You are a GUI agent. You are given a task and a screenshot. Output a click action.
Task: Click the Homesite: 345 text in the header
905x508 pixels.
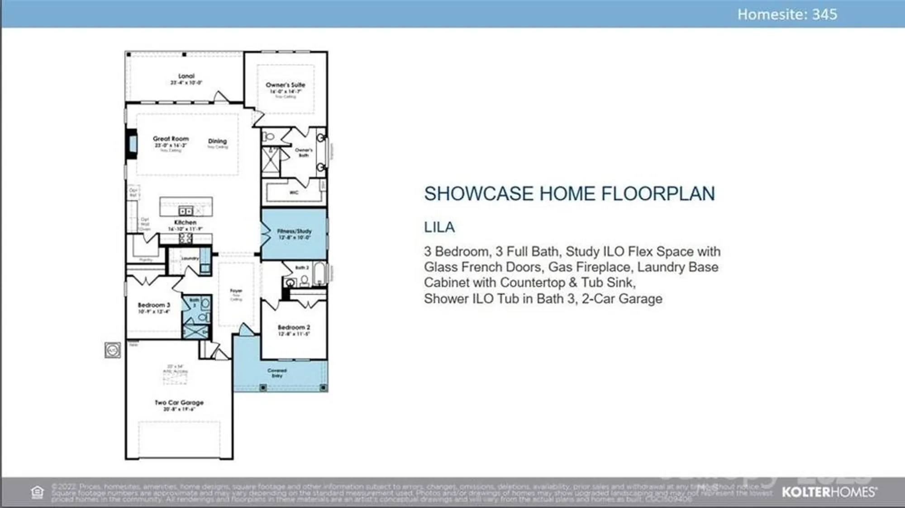coord(787,14)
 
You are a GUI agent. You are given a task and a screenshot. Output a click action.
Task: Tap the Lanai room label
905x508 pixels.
coord(186,76)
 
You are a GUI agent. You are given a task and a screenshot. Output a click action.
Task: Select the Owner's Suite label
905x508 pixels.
coord(285,85)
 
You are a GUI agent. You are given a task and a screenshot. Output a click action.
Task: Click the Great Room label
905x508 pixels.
coord(171,139)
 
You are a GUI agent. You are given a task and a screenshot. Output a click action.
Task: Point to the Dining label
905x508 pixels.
coord(217,141)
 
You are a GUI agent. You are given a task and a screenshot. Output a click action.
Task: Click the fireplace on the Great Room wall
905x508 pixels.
coord(132,144)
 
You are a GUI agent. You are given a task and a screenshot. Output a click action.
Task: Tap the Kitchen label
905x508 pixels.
coord(185,222)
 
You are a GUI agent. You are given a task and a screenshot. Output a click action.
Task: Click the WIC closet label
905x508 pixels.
coord(294,193)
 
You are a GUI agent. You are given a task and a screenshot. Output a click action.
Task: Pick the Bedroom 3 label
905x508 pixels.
coord(154,305)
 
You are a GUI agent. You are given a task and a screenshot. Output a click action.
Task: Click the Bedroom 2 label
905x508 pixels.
coord(294,327)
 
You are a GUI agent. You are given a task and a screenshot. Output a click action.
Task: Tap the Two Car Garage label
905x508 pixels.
coord(179,402)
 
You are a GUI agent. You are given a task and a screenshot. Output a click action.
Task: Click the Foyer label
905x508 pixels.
coord(236,291)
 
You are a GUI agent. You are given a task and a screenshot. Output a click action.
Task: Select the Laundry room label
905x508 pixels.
coord(190,259)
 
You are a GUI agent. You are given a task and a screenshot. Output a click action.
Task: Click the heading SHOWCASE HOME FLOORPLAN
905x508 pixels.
coord(569,194)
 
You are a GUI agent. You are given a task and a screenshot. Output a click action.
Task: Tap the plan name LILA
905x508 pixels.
coord(439,227)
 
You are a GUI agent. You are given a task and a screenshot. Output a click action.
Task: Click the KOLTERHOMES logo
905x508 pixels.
coord(829,492)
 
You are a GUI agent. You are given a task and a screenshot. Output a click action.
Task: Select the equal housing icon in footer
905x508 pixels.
coord(38,492)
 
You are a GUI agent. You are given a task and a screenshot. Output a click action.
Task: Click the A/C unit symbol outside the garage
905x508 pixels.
coord(113,350)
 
